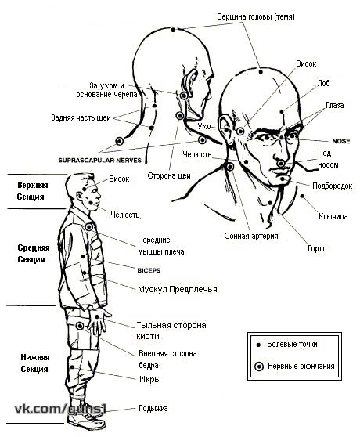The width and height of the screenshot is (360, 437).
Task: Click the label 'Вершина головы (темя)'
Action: pyautogui.click(x=256, y=16)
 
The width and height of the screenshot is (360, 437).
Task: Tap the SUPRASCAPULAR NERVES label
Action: pyautogui.click(x=100, y=161)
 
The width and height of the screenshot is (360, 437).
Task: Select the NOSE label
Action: pyautogui.click(x=341, y=141)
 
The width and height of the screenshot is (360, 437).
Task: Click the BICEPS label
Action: pyautogui.click(x=149, y=270)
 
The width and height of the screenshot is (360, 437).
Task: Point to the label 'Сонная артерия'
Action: pyautogui.click(x=251, y=236)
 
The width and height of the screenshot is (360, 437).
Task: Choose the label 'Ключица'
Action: pyautogui.click(x=333, y=216)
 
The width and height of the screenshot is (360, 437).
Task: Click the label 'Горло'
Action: pyautogui.click(x=317, y=248)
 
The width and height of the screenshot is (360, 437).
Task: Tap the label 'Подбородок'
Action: pyautogui.click(x=332, y=186)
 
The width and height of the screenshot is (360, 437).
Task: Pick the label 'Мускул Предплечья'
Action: pyautogui.click(x=178, y=289)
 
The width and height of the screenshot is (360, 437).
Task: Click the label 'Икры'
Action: pyautogui.click(x=150, y=379)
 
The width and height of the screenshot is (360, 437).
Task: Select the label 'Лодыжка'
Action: pyautogui.click(x=153, y=408)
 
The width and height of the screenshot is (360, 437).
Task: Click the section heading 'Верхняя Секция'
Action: pyautogui.click(x=33, y=191)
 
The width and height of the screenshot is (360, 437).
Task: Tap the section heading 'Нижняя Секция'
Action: pyautogui.click(x=34, y=363)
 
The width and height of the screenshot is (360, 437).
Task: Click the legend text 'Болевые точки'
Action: pyautogui.click(x=292, y=344)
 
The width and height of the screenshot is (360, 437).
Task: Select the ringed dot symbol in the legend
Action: pyautogui.click(x=259, y=367)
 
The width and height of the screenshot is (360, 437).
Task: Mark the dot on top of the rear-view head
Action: pyautogui.click(x=173, y=30)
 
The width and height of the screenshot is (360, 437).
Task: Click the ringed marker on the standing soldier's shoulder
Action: pyautogui.click(x=88, y=227)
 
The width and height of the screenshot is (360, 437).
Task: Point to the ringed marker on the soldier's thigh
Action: pyautogui.click(x=80, y=326)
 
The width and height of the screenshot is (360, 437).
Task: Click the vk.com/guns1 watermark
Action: pyautogui.click(x=60, y=409)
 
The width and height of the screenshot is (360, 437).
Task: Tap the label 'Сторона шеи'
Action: pyautogui.click(x=169, y=175)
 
